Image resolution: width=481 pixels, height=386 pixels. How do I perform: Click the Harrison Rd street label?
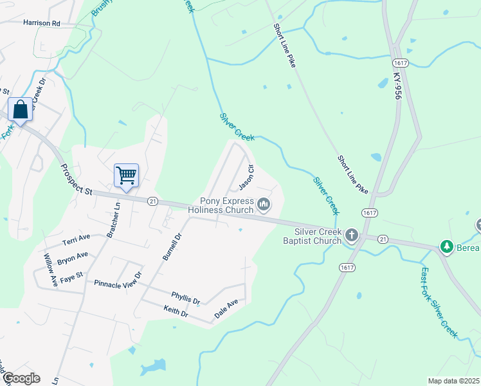41,23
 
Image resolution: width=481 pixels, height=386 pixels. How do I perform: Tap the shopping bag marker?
20,109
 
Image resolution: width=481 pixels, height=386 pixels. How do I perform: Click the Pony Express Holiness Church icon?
263,205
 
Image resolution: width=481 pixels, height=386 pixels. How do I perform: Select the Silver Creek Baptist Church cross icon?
351,235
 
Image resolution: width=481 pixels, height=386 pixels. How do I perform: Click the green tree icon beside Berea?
446,246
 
